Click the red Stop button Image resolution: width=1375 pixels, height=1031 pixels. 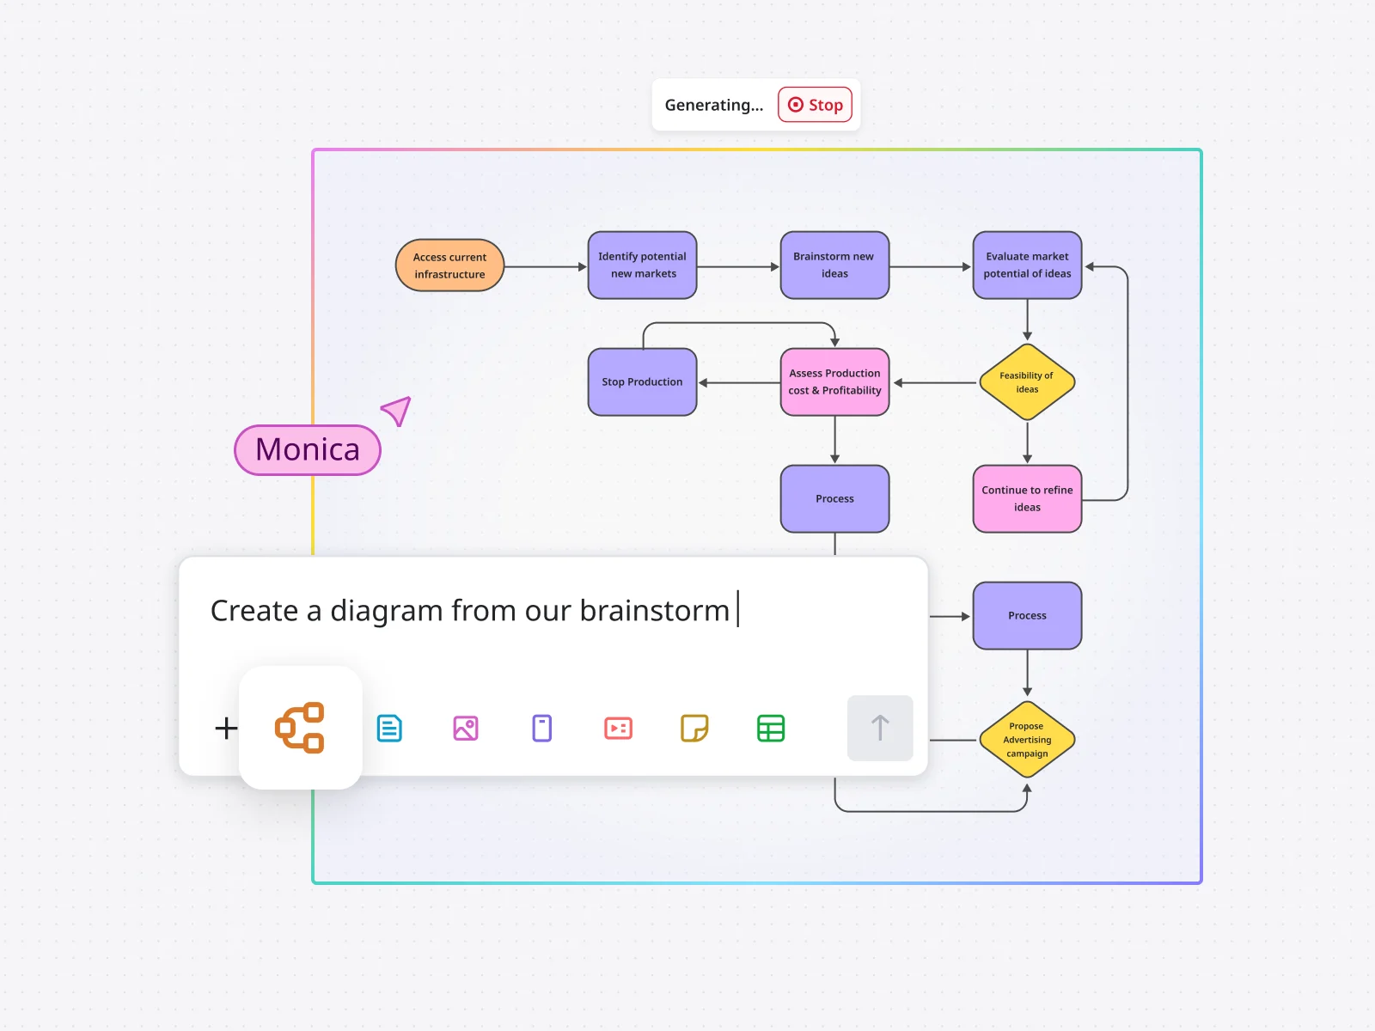[x=815, y=105]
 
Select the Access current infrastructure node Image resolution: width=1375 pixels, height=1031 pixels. [x=449, y=265]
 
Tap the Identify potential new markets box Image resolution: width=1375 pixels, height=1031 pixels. [x=642, y=265]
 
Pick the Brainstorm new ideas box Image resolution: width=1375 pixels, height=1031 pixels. [x=834, y=265]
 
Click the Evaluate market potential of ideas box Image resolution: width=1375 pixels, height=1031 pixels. [x=1027, y=265]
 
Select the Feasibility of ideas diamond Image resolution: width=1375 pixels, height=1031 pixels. [x=1027, y=382]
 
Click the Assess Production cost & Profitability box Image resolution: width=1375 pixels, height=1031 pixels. [x=834, y=382]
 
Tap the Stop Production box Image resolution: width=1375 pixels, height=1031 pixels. [x=642, y=382]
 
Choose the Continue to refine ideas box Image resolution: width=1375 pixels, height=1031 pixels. [x=1027, y=499]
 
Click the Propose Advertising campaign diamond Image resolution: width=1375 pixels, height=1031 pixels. [x=1027, y=740]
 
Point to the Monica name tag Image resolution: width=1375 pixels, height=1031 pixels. [x=308, y=450]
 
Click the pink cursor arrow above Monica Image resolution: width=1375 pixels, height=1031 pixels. [x=398, y=411]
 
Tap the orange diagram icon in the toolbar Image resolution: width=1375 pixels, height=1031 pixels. [x=300, y=728]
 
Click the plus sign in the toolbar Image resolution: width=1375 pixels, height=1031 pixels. [x=226, y=729]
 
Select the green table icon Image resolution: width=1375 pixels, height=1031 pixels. [x=771, y=729]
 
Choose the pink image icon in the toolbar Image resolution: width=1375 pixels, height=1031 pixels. [x=466, y=729]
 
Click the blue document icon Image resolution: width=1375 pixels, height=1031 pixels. [x=389, y=729]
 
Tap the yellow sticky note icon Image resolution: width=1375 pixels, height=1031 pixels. [x=694, y=729]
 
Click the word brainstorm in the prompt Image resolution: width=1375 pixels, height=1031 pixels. [x=654, y=611]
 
